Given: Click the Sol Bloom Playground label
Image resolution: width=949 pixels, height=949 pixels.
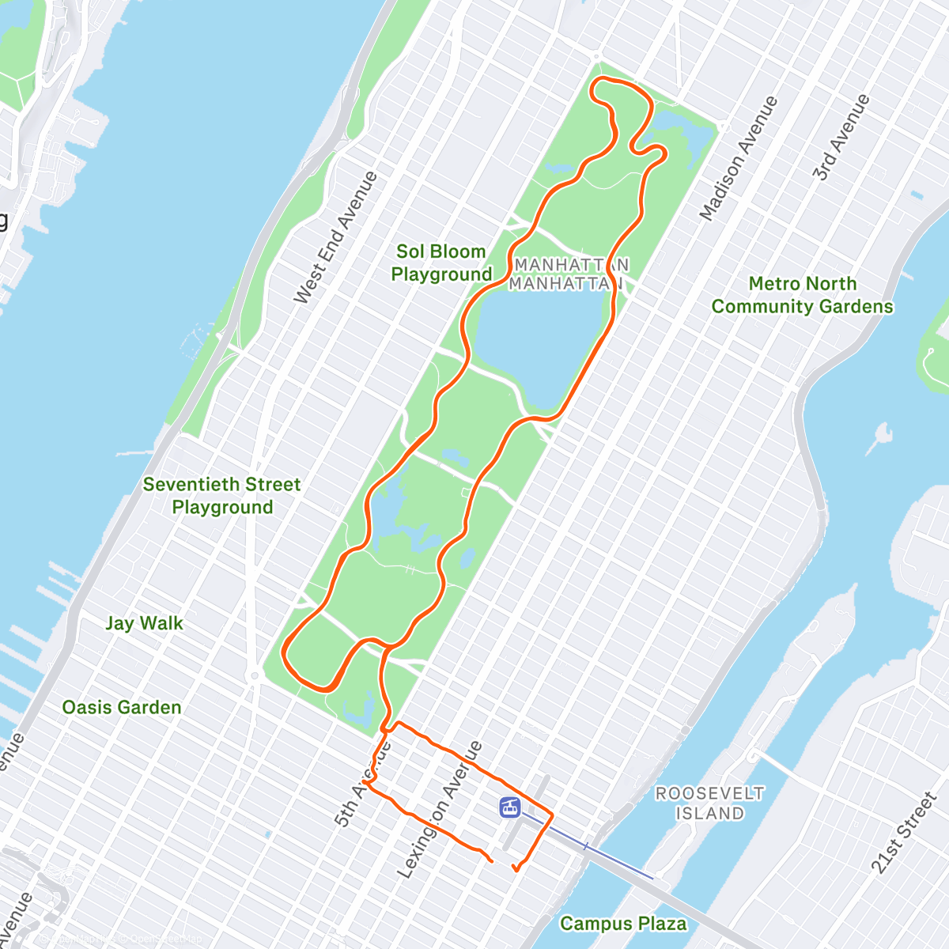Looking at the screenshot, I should pos(441,263).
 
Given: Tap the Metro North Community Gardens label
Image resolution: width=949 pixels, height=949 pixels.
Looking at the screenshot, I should pos(802,295).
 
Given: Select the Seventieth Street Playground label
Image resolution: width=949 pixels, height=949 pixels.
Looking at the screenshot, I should pos(222,496).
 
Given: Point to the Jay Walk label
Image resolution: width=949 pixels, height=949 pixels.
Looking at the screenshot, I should pos(144,623).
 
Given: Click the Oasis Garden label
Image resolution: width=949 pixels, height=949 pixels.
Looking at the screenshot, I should pos(122,707).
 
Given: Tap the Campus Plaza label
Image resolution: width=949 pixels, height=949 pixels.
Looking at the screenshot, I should pos(623,923).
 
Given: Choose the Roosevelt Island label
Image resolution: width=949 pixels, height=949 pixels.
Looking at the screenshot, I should pos(709,803).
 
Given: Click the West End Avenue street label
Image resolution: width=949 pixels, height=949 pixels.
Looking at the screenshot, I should pos(335,237).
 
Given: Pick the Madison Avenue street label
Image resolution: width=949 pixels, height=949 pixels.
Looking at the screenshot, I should pos(739,158).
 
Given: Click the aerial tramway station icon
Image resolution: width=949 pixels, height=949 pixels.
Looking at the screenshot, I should pos(510,807).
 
